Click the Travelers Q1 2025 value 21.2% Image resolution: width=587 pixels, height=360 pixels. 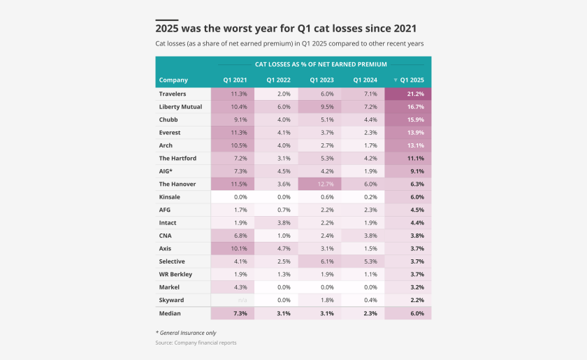click(415, 94)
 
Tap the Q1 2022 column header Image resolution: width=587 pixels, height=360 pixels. click(278, 80)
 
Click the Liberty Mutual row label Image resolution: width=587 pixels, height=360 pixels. click(180, 107)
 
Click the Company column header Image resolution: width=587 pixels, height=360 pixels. click(173, 80)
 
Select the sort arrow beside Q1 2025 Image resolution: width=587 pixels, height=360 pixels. click(396, 80)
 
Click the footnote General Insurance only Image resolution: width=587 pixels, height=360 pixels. click(187, 333)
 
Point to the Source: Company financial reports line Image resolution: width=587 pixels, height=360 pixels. click(196, 343)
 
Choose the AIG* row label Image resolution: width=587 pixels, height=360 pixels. click(167, 171)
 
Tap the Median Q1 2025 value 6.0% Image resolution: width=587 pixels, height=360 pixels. click(415, 314)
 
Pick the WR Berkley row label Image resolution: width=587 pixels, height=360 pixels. click(175, 274)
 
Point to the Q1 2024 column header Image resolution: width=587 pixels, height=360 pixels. click(365, 80)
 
